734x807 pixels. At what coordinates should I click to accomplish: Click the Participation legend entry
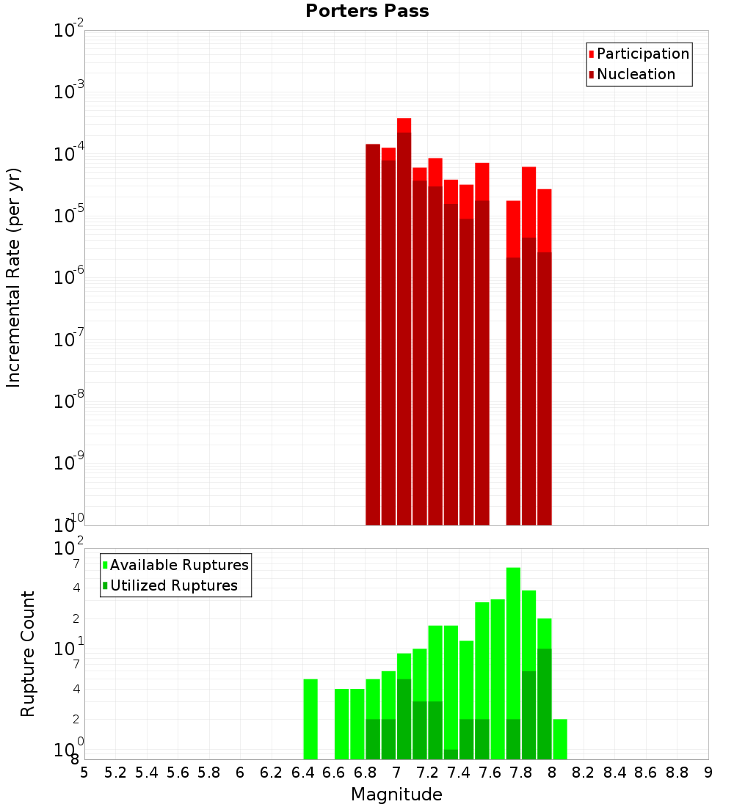[x=642, y=54]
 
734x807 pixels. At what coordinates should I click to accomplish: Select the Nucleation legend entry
[x=635, y=74]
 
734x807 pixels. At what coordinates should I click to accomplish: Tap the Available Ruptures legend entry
[x=178, y=565]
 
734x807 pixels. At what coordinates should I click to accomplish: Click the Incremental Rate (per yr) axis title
[x=14, y=278]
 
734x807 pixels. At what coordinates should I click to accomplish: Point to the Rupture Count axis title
[x=28, y=654]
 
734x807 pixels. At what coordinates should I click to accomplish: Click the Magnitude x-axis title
[x=396, y=795]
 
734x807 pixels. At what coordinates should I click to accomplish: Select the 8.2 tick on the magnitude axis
[x=584, y=773]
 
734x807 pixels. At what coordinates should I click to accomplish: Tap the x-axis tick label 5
[x=84, y=773]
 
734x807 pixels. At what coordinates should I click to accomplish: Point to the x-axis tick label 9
[x=708, y=773]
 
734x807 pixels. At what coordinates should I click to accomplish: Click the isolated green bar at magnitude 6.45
[x=310, y=719]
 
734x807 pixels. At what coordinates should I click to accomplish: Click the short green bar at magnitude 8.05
[x=560, y=739]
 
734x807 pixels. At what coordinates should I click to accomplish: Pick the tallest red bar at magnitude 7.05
[x=404, y=323]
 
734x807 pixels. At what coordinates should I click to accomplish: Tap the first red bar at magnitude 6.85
[x=373, y=334]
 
